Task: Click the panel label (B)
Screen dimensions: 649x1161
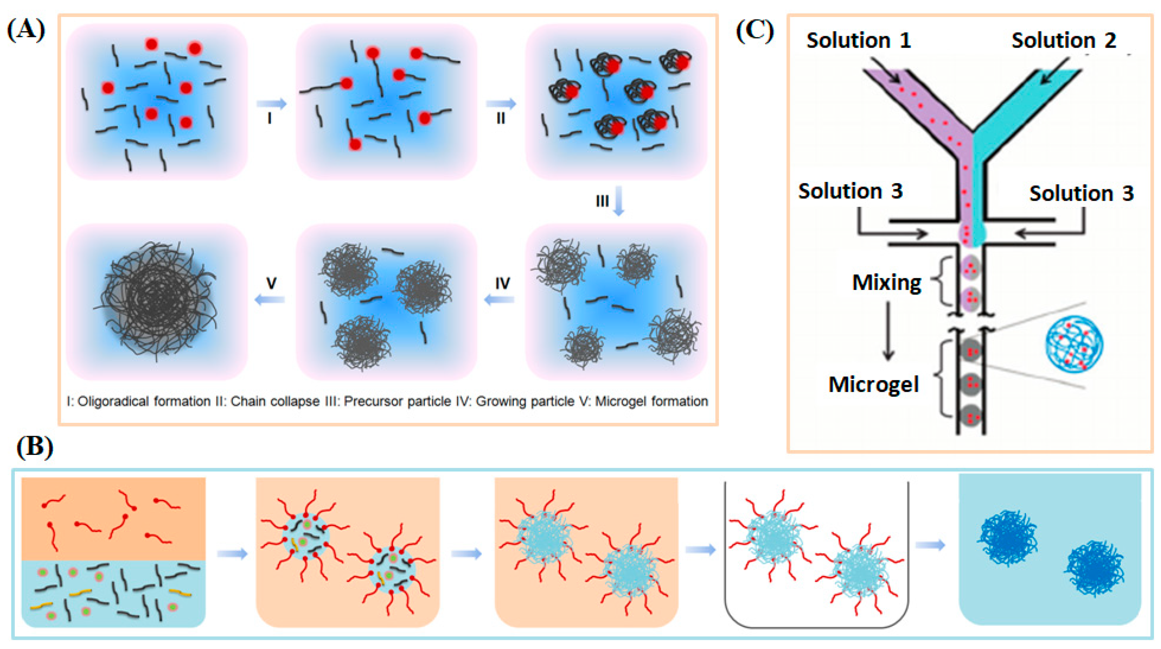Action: coord(35,447)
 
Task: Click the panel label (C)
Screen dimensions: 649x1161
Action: coord(754,31)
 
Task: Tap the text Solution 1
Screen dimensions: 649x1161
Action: coord(858,41)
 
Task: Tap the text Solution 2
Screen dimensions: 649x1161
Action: coord(1064,41)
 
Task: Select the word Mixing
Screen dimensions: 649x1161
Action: coord(887,283)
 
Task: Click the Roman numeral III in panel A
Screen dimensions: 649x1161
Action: coord(602,201)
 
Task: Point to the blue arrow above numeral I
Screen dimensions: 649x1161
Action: coord(271,104)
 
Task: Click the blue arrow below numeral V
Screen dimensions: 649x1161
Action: coord(270,299)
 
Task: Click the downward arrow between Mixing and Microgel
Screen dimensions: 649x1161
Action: coord(888,331)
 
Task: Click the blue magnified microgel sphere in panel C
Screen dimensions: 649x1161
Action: coord(1074,344)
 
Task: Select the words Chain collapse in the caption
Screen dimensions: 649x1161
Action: coord(275,401)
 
